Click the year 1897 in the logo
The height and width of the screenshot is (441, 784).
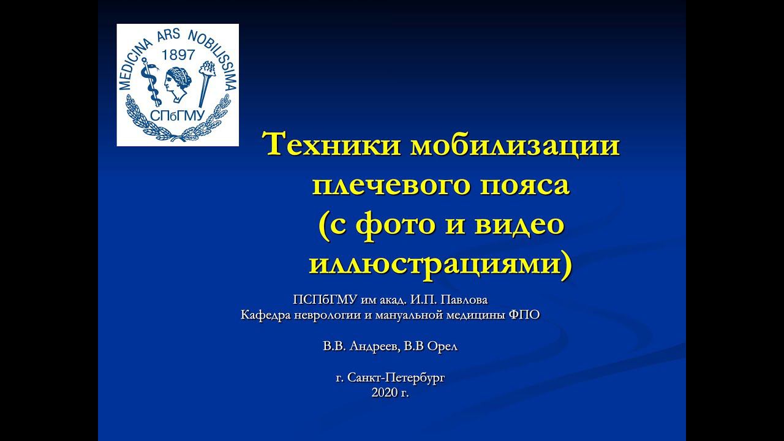(x=178, y=55)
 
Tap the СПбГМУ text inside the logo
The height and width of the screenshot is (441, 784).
(x=178, y=116)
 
